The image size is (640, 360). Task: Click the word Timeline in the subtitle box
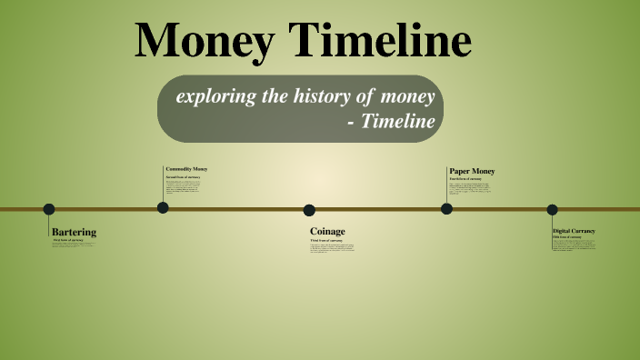pyautogui.click(x=397, y=120)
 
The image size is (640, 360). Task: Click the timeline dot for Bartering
pyautogui.click(x=49, y=209)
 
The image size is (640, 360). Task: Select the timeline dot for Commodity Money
pyautogui.click(x=163, y=207)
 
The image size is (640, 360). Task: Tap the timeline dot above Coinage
pyautogui.click(x=309, y=210)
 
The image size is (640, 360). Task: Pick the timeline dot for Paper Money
pyautogui.click(x=446, y=208)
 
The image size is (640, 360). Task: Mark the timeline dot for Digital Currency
pyautogui.click(x=552, y=209)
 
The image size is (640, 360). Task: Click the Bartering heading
pyautogui.click(x=75, y=232)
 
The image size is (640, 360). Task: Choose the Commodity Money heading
pyautogui.click(x=186, y=169)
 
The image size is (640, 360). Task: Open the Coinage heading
pyautogui.click(x=327, y=231)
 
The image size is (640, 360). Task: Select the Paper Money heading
pyautogui.click(x=472, y=171)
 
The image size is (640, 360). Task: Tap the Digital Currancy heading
pyautogui.click(x=574, y=231)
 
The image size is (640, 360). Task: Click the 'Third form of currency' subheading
pyautogui.click(x=326, y=240)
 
